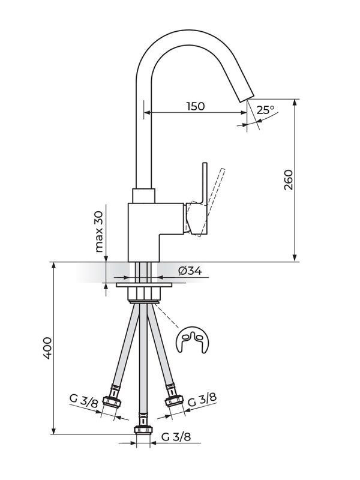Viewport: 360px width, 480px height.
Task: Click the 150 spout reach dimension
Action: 195,106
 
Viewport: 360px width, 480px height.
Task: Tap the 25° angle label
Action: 265,110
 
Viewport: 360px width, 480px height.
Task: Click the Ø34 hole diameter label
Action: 190,271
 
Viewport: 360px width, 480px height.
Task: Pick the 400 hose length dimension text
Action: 48,348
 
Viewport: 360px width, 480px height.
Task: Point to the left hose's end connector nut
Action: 111,403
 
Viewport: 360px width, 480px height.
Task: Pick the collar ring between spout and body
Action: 144,196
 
